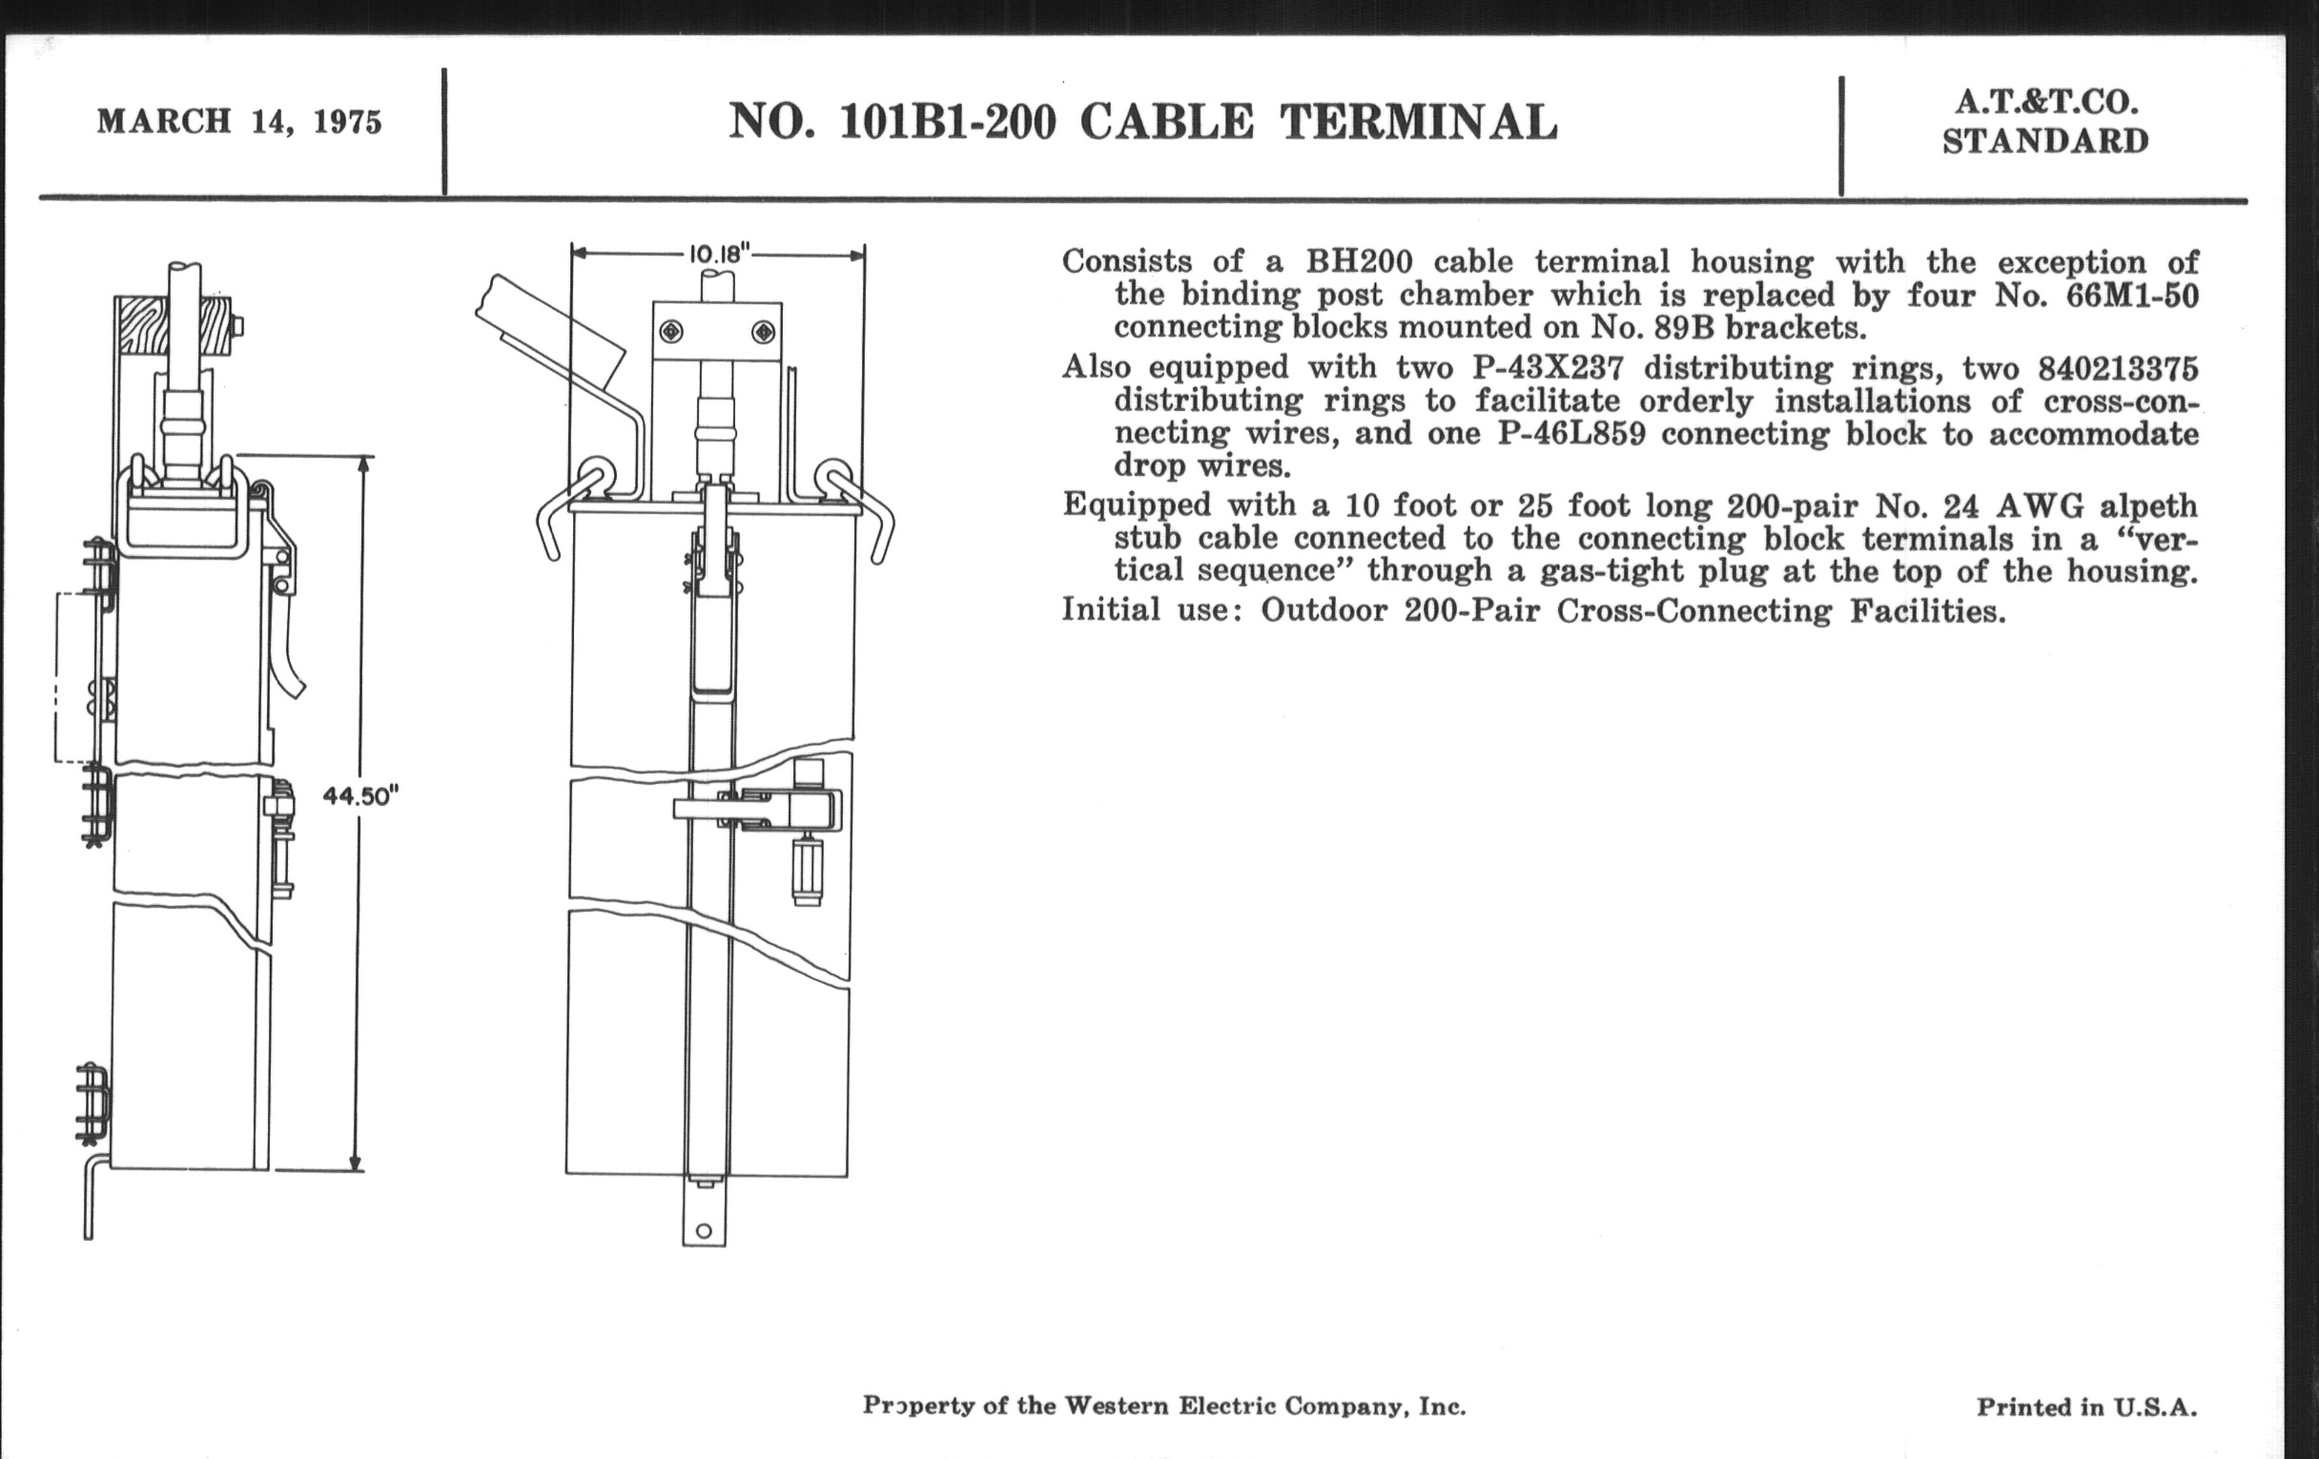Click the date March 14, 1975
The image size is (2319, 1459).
pos(238,122)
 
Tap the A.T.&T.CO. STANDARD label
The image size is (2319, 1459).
pos(2044,122)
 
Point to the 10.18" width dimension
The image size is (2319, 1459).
pos(718,255)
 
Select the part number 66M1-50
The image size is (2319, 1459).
pos(2132,295)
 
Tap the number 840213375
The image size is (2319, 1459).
pos(2118,368)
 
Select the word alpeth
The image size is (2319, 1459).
pos(2147,505)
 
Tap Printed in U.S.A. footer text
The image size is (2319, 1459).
pos(2087,1407)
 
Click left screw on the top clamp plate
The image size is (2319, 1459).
pos(671,332)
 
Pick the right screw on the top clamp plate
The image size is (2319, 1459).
pos(763,332)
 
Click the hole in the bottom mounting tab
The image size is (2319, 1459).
pos(703,1231)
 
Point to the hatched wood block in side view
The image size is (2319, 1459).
pos(174,324)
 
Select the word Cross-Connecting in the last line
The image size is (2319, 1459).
pos(1694,610)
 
